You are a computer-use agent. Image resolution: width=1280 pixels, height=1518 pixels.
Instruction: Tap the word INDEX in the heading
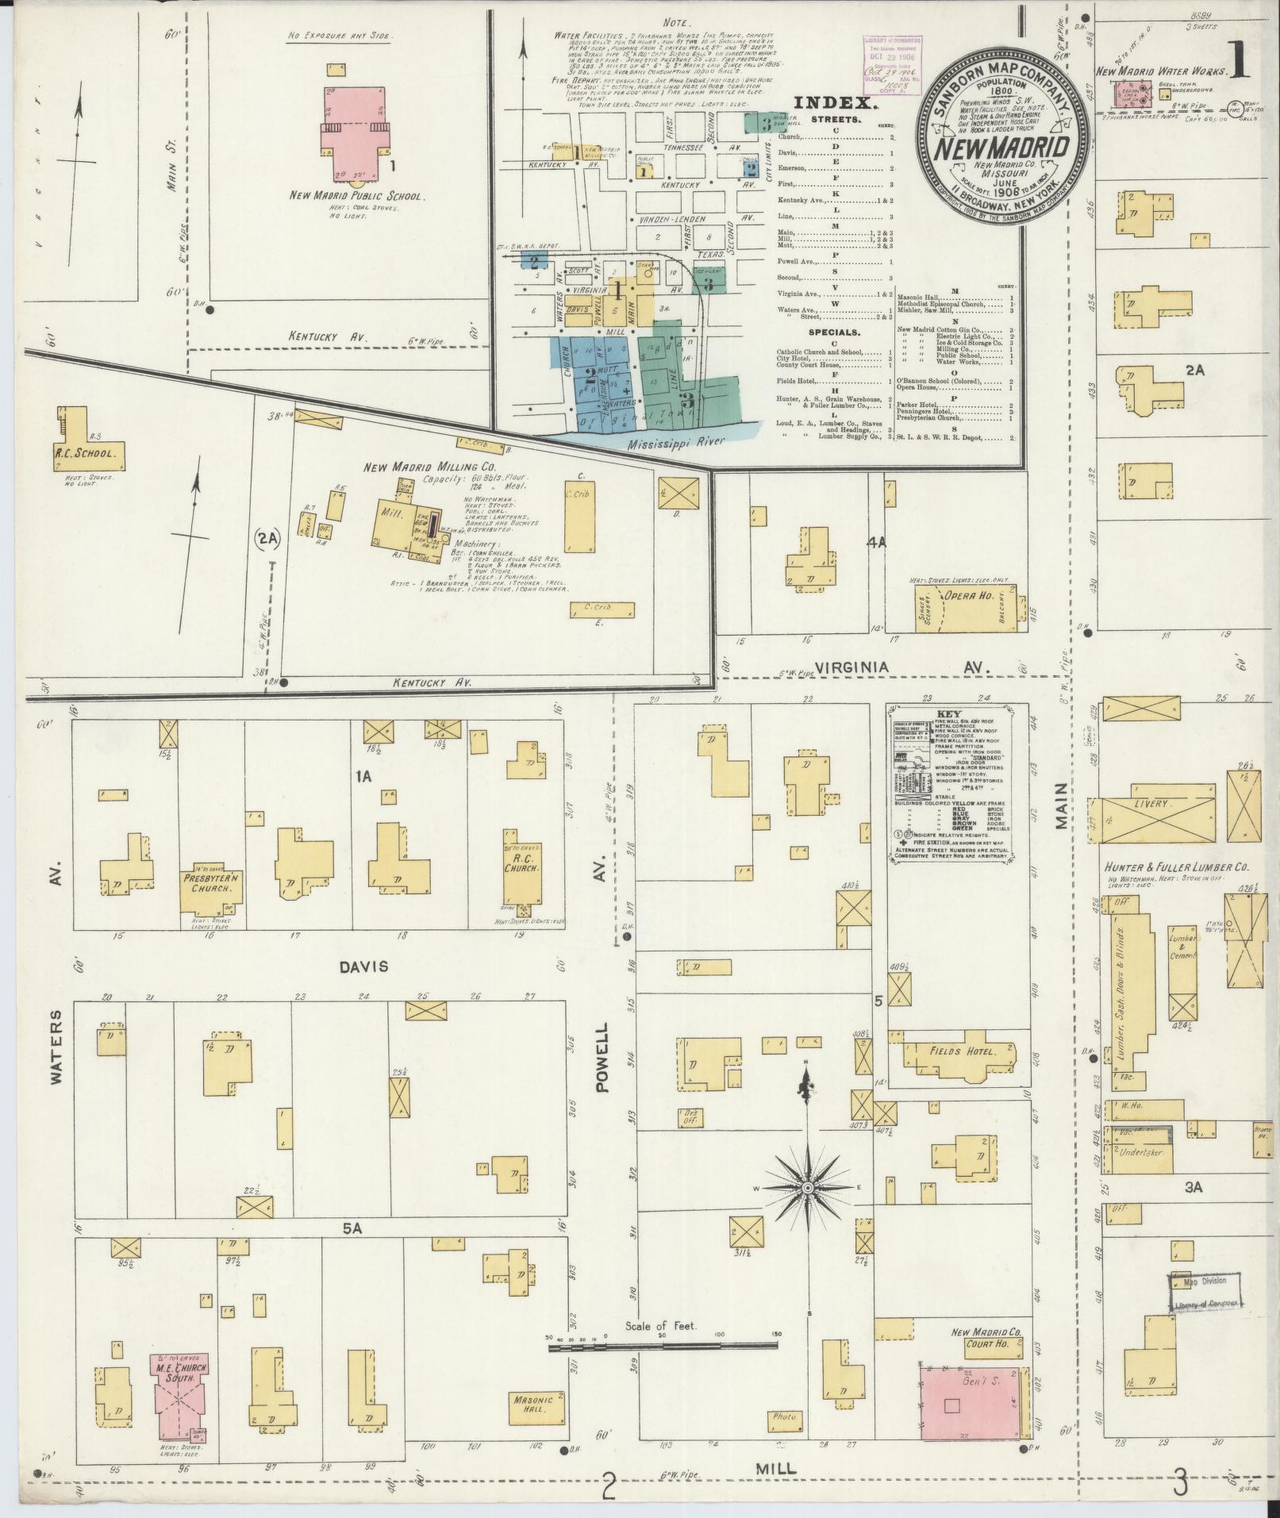coord(836,102)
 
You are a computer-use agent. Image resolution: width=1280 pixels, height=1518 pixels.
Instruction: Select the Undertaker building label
coord(1139,1151)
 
